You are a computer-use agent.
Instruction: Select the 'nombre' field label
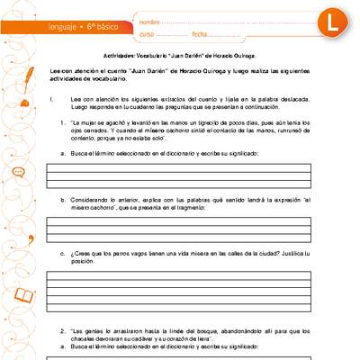[150, 20]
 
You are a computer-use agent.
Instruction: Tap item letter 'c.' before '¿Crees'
[62, 255]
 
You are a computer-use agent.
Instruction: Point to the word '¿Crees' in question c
[83, 255]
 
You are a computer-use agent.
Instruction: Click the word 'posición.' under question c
[83, 262]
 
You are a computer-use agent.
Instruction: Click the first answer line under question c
[191, 274]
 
